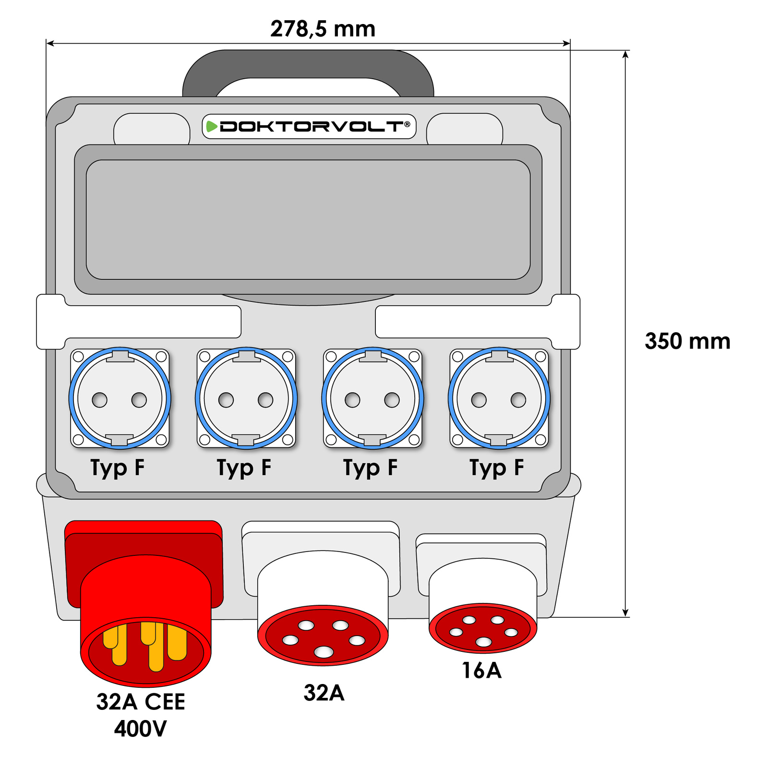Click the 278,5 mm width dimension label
pos(323,29)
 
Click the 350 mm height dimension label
pos(687,341)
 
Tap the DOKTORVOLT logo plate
pos(309,127)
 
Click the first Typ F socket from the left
pos(120,398)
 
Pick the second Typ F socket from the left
pos(246,398)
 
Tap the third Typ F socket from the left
pos(372,398)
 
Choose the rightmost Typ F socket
pos(499,398)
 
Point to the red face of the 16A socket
pos(483,629)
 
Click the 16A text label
pos(481,671)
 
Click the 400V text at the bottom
pos(140,729)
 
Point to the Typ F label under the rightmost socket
pos(497,468)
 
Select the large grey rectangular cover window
pos(308,219)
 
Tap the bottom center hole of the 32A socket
pos(324,652)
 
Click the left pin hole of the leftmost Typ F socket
pos(100,400)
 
